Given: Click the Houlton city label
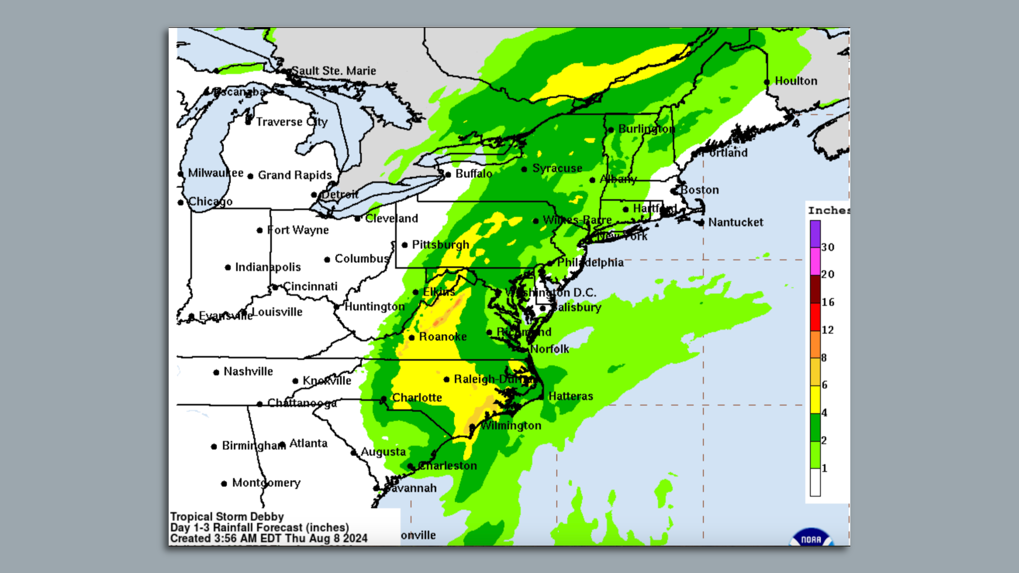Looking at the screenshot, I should click(x=796, y=81).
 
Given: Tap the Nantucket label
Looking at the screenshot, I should click(x=736, y=222).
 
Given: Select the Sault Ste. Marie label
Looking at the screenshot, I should click(x=333, y=71).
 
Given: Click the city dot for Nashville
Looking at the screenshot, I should click(x=216, y=372).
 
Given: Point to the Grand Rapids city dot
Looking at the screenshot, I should click(x=251, y=176).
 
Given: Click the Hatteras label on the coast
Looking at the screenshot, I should click(x=571, y=396).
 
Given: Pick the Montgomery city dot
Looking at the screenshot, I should click(x=224, y=483).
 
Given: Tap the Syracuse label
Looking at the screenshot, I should click(x=557, y=168).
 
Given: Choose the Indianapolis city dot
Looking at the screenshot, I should click(x=228, y=267).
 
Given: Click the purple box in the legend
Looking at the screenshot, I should click(x=815, y=234).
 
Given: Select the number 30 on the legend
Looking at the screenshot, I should click(x=827, y=247).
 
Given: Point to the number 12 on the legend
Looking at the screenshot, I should click(x=827, y=330).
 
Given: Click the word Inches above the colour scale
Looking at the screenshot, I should click(x=828, y=211).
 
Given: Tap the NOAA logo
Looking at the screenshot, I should click(x=811, y=538).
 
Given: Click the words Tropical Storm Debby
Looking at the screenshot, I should click(x=227, y=517).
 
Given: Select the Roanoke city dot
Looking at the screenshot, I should click(x=412, y=337).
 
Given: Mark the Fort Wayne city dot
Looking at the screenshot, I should click(x=260, y=230).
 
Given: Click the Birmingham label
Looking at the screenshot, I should click(x=253, y=446).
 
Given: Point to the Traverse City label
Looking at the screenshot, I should click(x=292, y=122).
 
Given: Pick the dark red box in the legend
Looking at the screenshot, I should click(x=815, y=289).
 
